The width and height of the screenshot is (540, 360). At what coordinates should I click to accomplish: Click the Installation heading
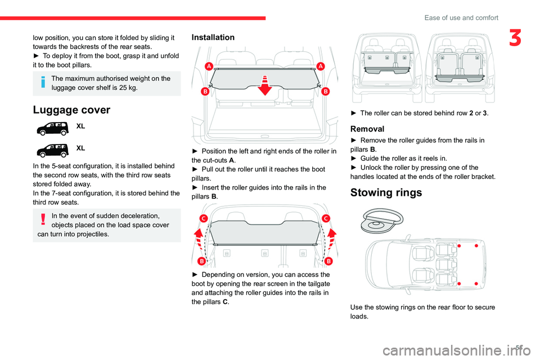[x=213, y=38]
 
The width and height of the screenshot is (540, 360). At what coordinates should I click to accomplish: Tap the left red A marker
[x=208, y=66]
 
